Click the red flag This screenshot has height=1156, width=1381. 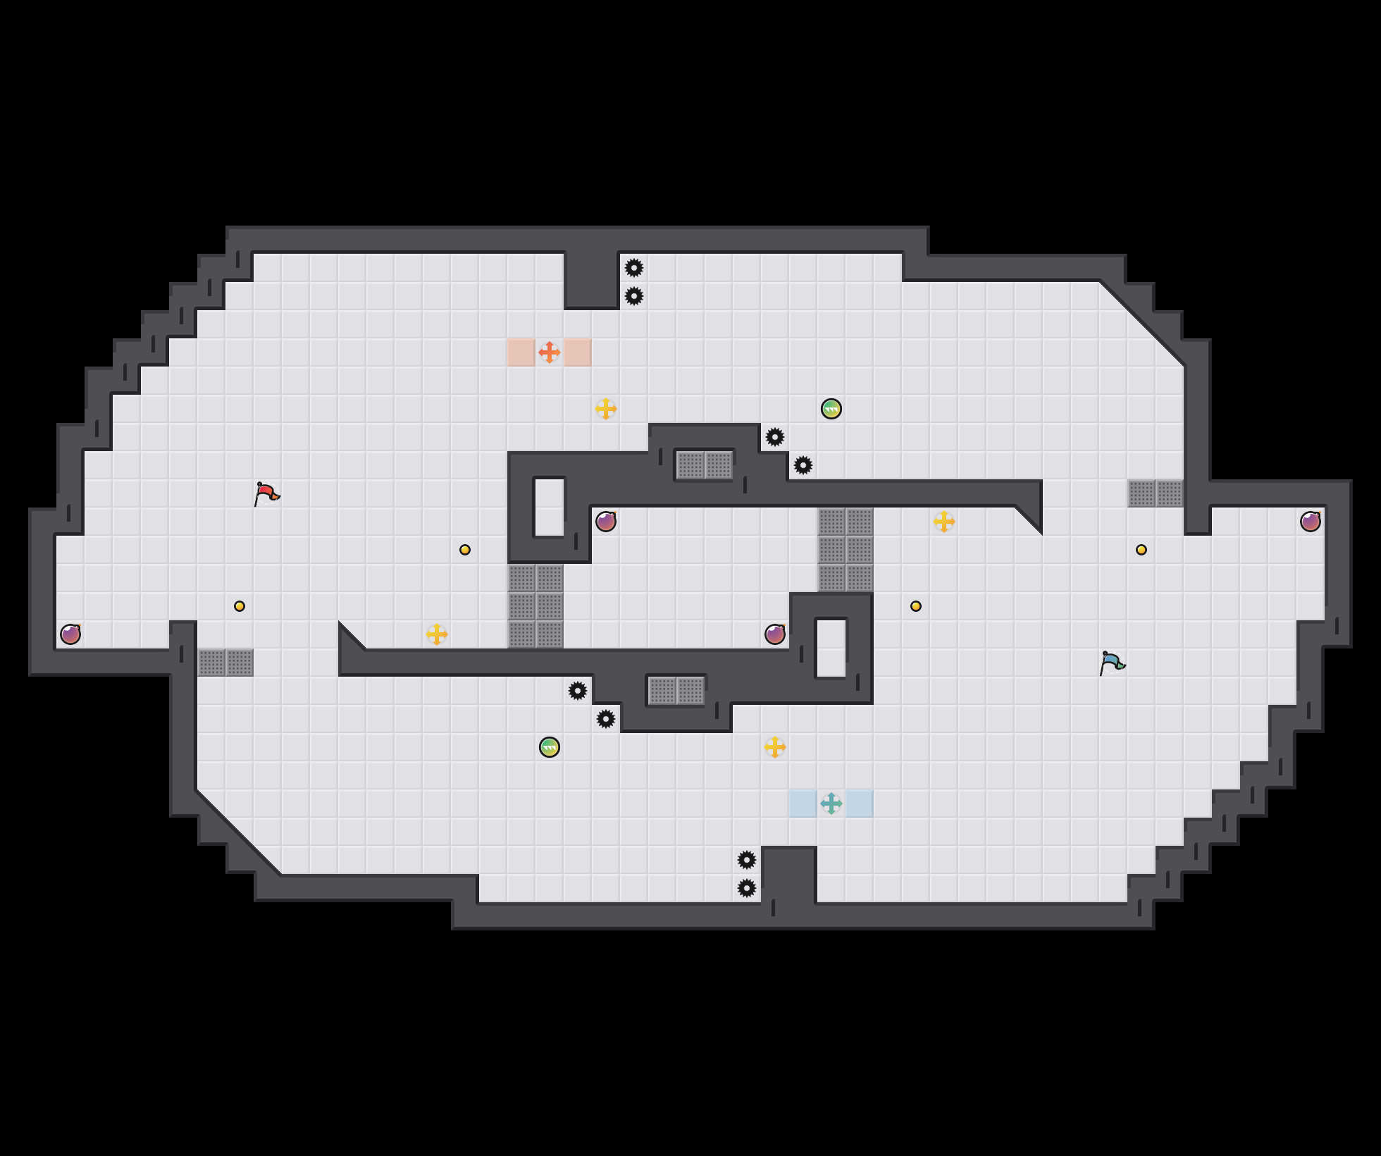click(x=266, y=493)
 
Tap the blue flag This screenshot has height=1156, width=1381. click(x=1112, y=663)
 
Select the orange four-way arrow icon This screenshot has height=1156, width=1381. click(x=550, y=352)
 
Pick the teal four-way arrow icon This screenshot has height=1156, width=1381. click(x=831, y=804)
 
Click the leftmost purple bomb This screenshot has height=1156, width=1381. click(x=70, y=634)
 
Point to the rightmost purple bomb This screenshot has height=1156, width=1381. click(x=1311, y=522)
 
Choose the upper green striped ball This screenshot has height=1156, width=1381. click(x=831, y=409)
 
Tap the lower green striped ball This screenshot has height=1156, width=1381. click(x=550, y=747)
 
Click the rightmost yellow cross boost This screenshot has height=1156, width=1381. click(x=944, y=522)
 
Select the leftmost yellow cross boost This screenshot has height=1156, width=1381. click(x=437, y=634)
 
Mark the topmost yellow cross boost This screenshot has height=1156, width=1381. click(x=606, y=409)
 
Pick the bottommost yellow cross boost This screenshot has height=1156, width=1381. click(x=775, y=747)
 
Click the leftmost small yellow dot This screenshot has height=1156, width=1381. click(x=240, y=606)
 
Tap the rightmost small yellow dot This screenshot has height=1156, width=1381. click(x=1141, y=550)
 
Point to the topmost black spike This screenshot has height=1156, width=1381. click(x=634, y=268)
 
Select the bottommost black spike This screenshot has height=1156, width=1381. click(x=747, y=888)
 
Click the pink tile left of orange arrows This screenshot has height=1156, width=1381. click(x=521, y=352)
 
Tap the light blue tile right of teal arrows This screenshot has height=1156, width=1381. click(x=860, y=804)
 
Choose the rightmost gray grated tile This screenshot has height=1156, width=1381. click(x=1170, y=493)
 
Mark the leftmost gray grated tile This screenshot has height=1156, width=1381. click(x=211, y=663)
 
